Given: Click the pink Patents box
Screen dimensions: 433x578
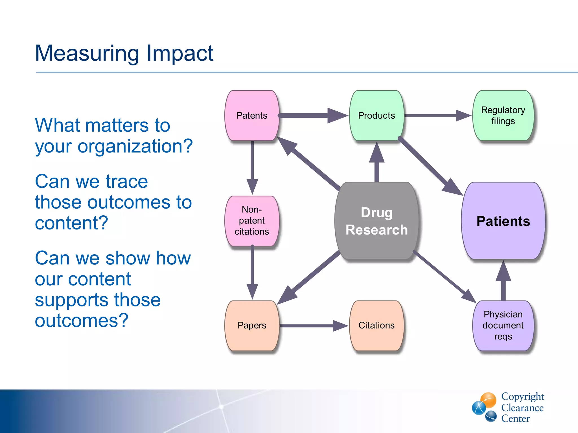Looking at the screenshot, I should tap(252, 115).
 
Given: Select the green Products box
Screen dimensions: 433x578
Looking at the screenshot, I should tap(376, 115).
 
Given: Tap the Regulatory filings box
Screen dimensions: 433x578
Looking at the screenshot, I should tap(503, 115).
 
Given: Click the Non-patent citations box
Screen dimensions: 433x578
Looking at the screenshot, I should tap(252, 220).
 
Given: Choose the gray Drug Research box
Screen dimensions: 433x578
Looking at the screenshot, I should tap(376, 221).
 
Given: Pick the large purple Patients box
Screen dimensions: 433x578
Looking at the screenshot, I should tap(503, 221).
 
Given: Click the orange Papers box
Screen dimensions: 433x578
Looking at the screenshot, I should tap(252, 325).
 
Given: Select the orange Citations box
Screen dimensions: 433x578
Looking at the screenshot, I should tap(376, 325).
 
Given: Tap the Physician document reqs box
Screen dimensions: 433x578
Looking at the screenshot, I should tap(503, 325).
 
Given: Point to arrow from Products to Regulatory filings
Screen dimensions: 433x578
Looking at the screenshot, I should tap(437, 115).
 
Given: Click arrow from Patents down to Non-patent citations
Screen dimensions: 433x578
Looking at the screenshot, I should tap(252, 166).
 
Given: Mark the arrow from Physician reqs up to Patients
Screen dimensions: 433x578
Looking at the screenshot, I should tap(503, 282).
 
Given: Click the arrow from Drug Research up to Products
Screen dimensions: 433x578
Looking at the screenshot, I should tap(376, 164).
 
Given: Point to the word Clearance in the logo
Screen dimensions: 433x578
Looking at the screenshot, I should tap(522, 408).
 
